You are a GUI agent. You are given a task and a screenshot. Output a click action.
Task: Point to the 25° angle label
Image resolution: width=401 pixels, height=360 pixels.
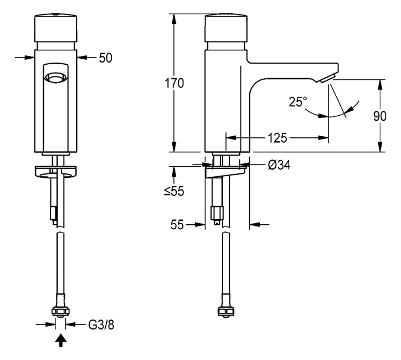point(297,102)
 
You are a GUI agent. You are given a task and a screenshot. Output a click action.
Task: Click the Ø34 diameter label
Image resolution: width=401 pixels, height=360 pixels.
point(280,164)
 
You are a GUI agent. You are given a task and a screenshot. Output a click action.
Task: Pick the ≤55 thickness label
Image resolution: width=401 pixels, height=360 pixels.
point(173,191)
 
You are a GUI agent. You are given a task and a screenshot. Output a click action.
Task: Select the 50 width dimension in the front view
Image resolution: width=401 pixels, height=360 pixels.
point(105,56)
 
